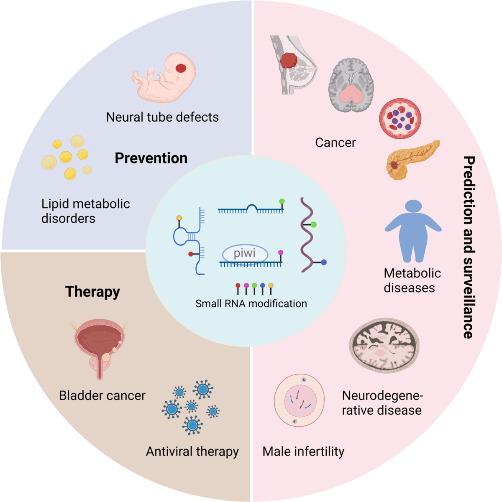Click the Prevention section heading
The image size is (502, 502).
(151, 158)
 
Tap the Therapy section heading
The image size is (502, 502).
(92, 291)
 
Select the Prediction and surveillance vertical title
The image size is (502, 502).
(469, 247)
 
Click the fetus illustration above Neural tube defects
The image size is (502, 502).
(165, 78)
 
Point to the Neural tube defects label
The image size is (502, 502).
(162, 117)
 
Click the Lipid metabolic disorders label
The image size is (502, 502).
(85, 211)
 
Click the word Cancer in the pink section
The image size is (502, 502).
(335, 143)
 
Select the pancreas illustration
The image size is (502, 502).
(412, 159)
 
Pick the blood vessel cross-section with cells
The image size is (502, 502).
(400, 119)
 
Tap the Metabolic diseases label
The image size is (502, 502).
(412, 280)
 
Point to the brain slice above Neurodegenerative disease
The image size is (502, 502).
(384, 345)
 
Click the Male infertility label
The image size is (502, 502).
(303, 451)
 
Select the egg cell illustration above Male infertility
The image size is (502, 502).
(299, 400)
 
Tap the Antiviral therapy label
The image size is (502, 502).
(192, 451)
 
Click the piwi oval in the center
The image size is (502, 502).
(245, 254)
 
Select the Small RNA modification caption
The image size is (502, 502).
(251, 303)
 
